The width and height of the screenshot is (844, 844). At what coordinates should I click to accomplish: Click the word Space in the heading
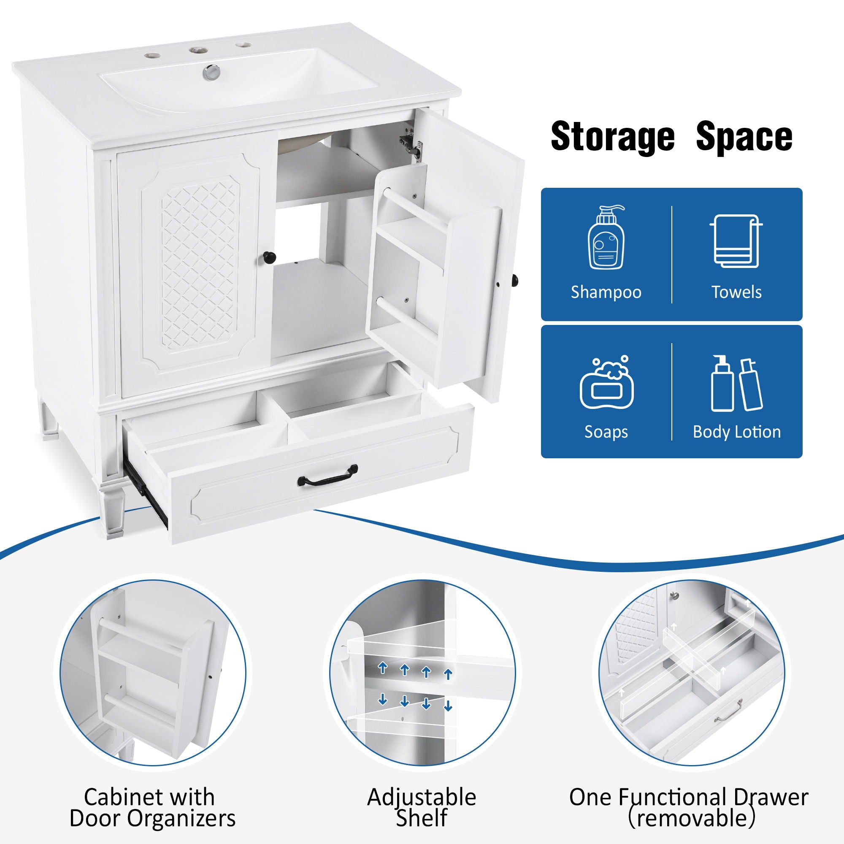tap(744, 137)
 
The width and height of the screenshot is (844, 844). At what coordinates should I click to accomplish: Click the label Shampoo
tap(606, 292)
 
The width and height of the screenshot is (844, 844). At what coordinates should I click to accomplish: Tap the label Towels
tap(736, 292)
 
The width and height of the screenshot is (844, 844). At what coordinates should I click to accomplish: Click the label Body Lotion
tap(736, 432)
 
